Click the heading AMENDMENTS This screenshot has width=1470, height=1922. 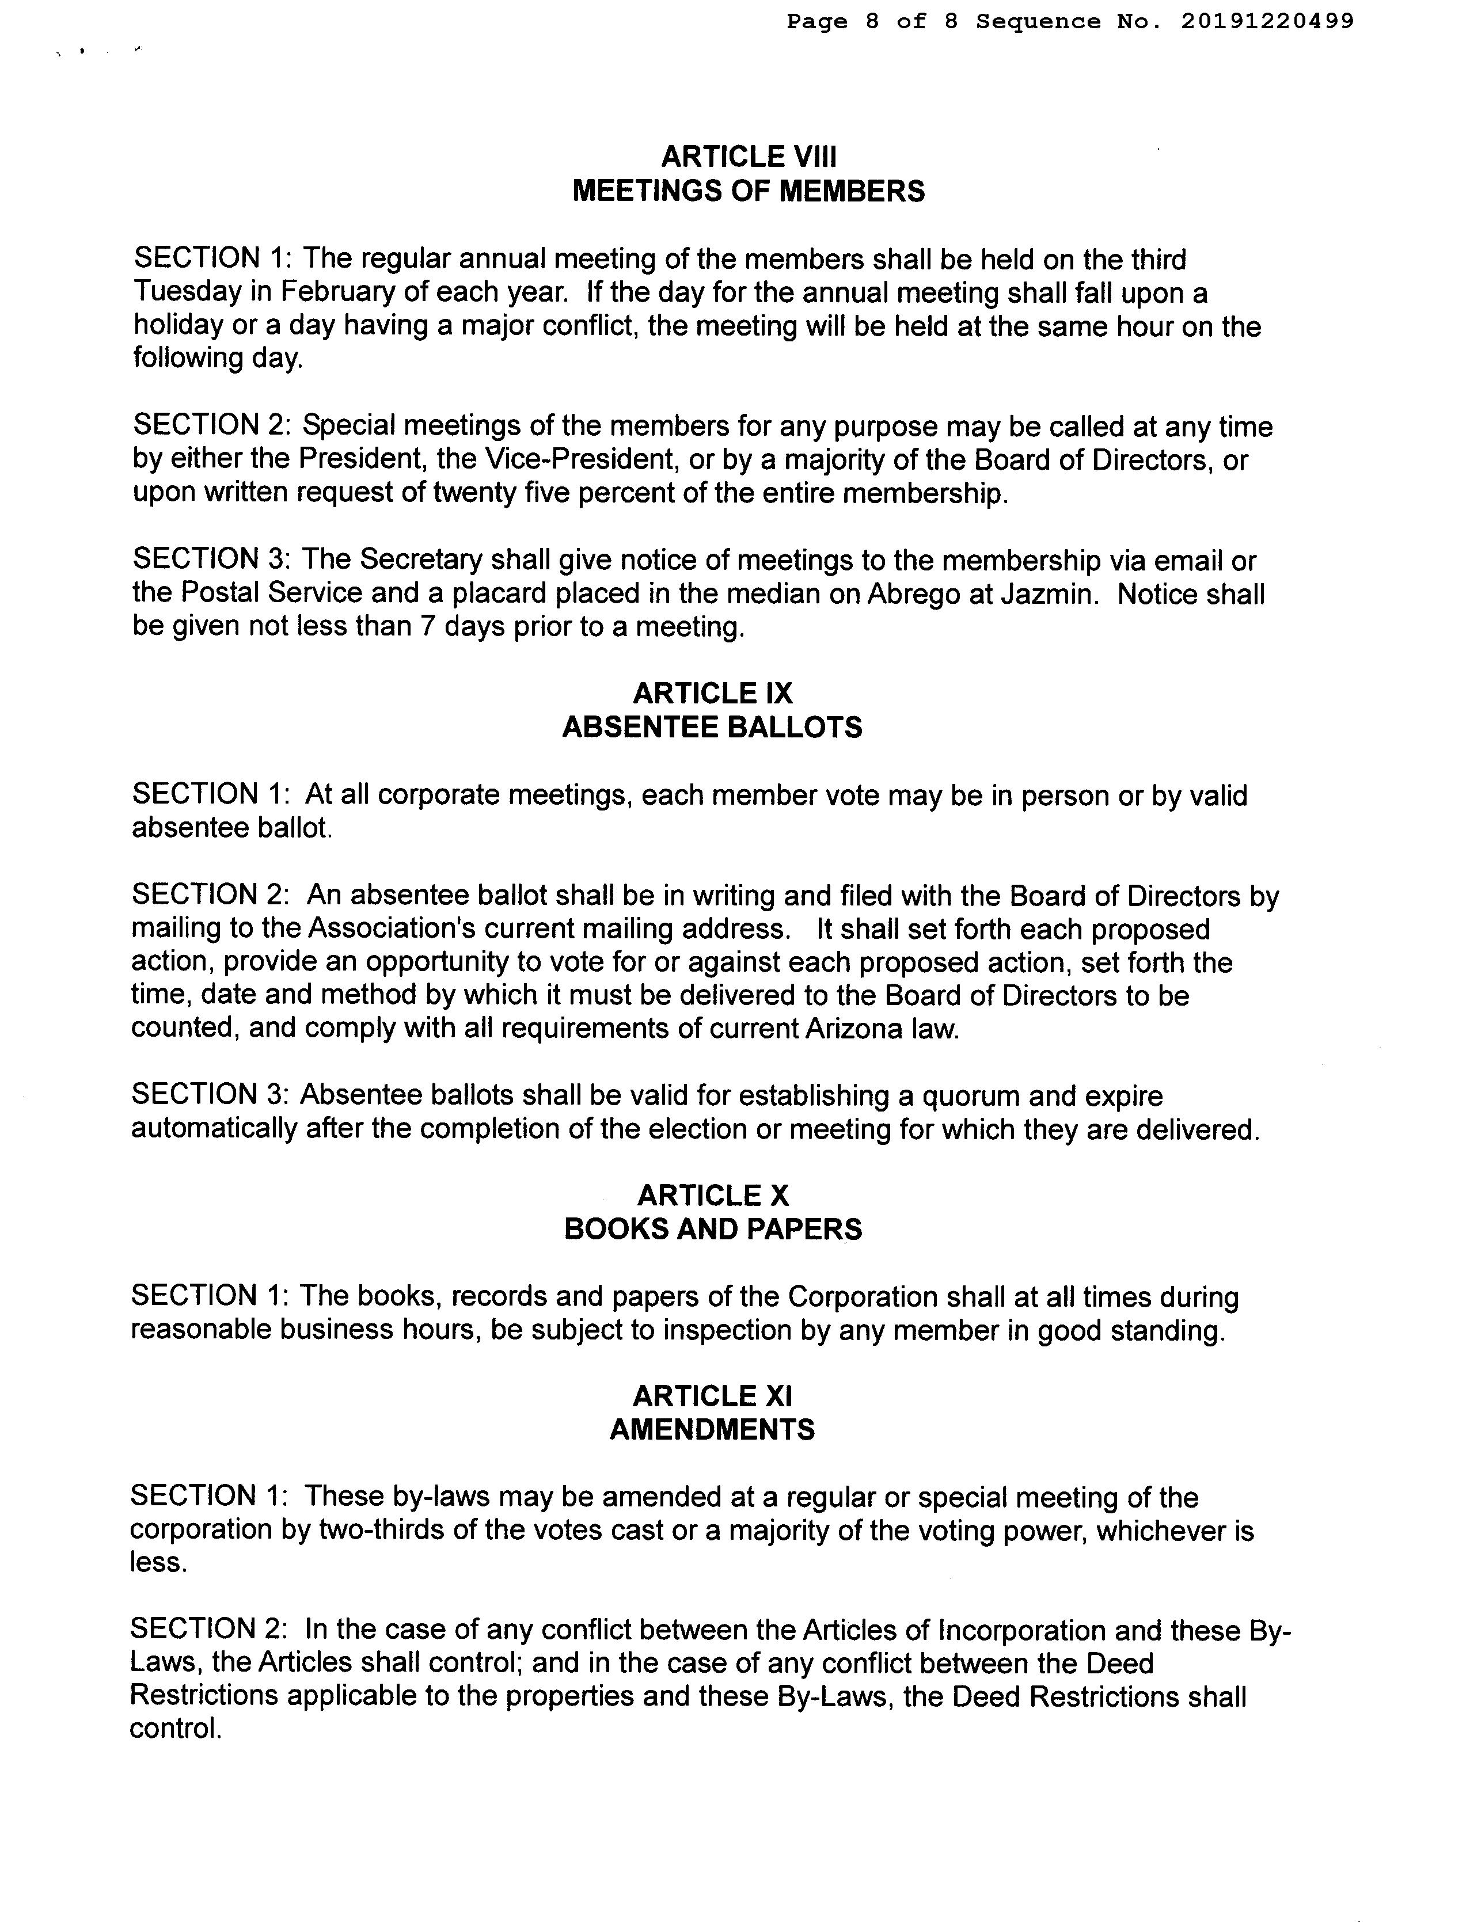click(x=712, y=1429)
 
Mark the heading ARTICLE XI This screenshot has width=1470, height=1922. click(x=712, y=1395)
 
